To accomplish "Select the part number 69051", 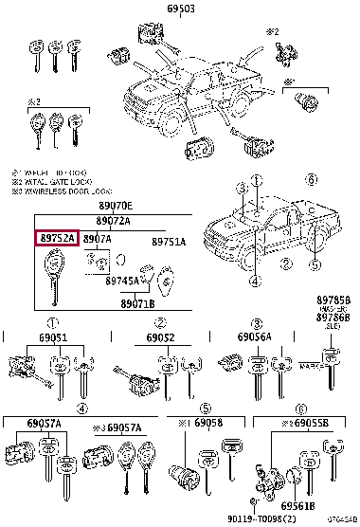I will [53, 337].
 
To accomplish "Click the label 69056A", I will [256, 337].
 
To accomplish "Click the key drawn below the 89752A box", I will [49, 282].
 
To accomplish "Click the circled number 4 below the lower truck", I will [255, 281].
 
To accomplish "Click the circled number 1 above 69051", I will [53, 322].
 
